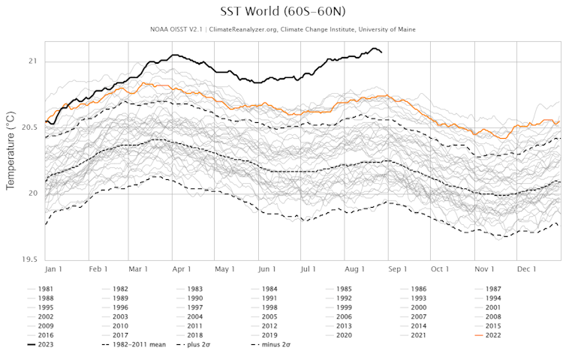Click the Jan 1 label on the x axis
(53, 268)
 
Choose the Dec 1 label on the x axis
(526, 268)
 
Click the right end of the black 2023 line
(381, 52)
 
